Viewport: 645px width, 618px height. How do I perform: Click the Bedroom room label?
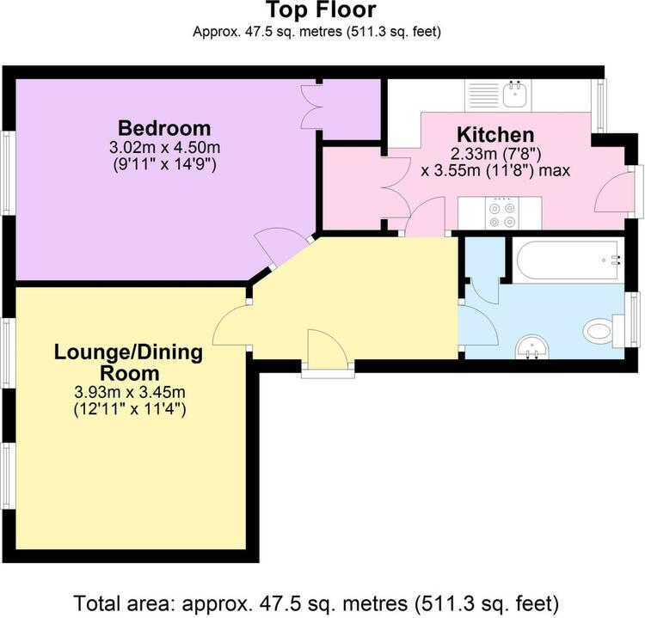coord(164,128)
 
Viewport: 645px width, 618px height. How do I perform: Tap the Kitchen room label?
coord(495,135)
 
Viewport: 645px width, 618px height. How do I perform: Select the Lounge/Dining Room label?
coord(129,363)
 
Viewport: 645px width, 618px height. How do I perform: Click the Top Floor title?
coord(322,9)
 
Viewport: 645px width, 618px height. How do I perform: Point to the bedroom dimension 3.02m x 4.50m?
coord(164,147)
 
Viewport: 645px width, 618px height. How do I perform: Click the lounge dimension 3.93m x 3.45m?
coord(130,392)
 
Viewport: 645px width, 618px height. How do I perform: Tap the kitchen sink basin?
coord(514,95)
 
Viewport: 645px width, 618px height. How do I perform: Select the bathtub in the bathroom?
coord(568,260)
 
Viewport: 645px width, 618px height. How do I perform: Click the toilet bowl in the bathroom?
coord(598,330)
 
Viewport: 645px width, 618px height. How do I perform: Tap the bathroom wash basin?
coord(532,346)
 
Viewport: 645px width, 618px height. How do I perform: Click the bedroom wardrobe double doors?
coord(311,107)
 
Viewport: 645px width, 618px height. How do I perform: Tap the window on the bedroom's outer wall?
coord(7,173)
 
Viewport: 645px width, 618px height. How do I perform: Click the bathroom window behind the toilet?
coord(636,319)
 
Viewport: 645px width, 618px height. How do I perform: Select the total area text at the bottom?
coord(316,603)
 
